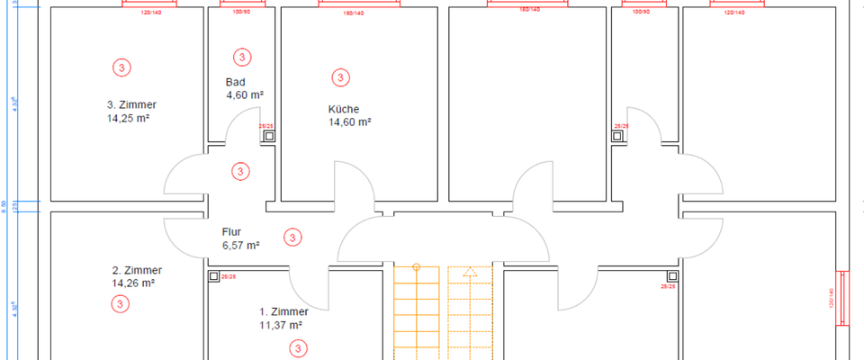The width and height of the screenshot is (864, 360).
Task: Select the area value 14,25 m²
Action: click(x=128, y=117)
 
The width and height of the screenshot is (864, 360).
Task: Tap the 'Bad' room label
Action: click(x=235, y=82)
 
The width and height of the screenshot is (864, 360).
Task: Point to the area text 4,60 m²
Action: click(x=244, y=94)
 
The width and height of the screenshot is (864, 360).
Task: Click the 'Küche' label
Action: click(x=343, y=109)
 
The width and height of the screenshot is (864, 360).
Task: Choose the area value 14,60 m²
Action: click(x=350, y=121)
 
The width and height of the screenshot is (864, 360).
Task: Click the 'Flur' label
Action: click(x=231, y=231)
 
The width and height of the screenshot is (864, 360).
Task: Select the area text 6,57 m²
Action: click(x=240, y=244)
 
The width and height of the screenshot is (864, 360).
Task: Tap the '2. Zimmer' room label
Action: click(x=137, y=270)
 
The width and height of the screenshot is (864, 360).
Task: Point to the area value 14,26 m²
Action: click(x=133, y=283)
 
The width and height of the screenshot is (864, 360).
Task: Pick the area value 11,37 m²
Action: click(x=280, y=325)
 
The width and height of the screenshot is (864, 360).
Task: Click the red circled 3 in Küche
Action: click(x=340, y=77)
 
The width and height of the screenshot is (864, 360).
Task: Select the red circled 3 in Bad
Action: click(x=241, y=57)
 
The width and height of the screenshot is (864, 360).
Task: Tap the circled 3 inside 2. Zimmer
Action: click(x=121, y=304)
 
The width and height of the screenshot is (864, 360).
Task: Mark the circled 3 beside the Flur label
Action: click(x=292, y=238)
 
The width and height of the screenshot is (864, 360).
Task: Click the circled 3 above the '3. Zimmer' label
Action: click(x=121, y=67)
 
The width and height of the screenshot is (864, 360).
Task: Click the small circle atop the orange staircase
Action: click(x=417, y=267)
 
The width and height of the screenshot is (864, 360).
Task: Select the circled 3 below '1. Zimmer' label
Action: click(x=298, y=347)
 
